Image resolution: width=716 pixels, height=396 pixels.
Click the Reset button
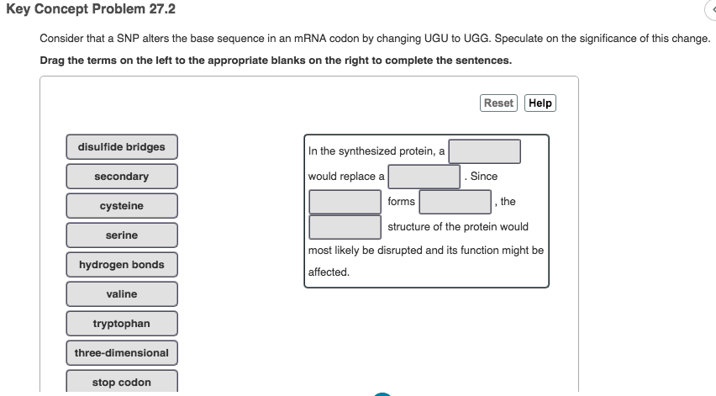click(x=498, y=103)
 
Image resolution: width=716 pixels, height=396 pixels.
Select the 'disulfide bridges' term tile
click(x=122, y=147)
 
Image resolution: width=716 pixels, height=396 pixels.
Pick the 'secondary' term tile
click(x=122, y=177)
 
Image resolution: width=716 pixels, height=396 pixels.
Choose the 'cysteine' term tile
click(x=122, y=206)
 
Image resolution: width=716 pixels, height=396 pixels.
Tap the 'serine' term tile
click(x=122, y=235)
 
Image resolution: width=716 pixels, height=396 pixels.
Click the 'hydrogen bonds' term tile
click(x=122, y=265)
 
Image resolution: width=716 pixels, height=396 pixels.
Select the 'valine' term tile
click(x=122, y=294)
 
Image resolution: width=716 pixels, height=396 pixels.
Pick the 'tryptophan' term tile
click(x=122, y=324)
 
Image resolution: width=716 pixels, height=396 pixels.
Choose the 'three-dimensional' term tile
click(x=122, y=353)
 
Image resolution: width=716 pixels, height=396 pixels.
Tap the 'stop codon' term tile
click(x=122, y=383)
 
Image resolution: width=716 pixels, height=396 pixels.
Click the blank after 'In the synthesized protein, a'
click(x=484, y=151)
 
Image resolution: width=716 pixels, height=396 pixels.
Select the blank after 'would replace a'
click(x=424, y=177)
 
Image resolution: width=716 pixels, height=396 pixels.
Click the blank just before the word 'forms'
click(x=345, y=202)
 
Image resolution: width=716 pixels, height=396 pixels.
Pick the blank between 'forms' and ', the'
click(x=455, y=202)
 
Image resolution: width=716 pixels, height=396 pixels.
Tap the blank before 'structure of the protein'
click(x=345, y=227)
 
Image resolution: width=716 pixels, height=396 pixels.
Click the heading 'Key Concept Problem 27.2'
click(x=80, y=9)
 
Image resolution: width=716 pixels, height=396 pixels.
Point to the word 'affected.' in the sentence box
click(x=329, y=272)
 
